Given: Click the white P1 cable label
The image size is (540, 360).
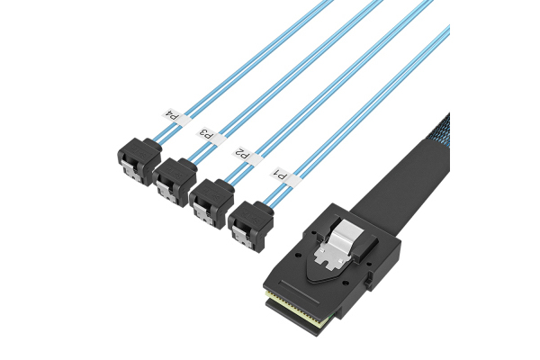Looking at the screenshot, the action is [283, 176].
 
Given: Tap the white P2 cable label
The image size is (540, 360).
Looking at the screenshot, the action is [247, 155].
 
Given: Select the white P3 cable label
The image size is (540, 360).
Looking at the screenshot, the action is [211, 135].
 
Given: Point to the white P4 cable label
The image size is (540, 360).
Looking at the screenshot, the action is [175, 116].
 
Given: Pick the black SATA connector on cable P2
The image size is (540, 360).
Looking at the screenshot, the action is [211, 202].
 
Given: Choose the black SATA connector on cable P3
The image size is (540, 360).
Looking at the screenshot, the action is [175, 182].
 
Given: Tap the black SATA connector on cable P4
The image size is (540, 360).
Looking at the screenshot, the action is [139, 161].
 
